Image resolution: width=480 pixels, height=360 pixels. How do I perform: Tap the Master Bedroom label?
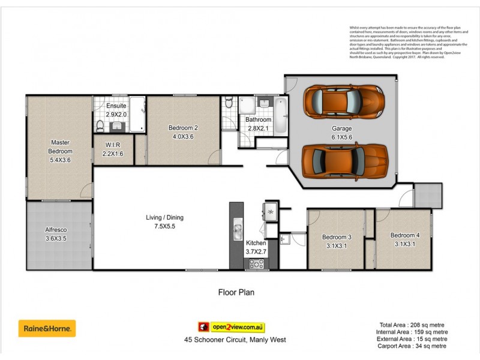tap(59, 147)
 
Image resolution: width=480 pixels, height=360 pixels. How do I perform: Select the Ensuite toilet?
tap(100, 125)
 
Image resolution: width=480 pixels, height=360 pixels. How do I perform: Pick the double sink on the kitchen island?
tap(237, 230)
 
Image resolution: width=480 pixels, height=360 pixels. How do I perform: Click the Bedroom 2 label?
tap(183, 131)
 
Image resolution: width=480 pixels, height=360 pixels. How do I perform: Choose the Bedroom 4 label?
tap(403, 239)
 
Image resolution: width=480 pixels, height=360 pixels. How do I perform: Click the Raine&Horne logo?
tap(47, 328)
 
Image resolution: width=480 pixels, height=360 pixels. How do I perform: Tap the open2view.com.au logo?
tap(232, 327)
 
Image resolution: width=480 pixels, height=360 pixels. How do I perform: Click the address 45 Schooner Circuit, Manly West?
tap(235, 340)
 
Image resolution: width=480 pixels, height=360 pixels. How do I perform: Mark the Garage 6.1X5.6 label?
tap(342, 133)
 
